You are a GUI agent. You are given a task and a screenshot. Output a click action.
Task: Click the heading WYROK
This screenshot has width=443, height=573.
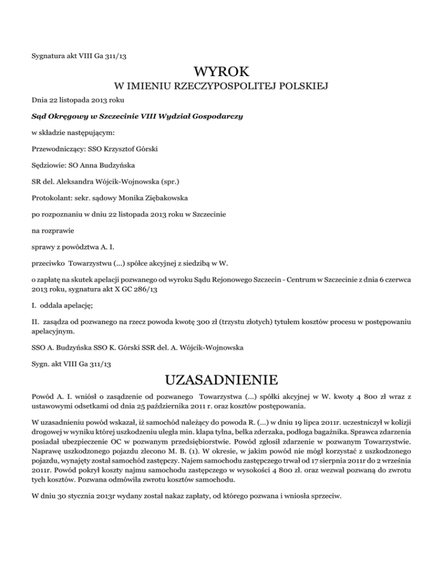222,73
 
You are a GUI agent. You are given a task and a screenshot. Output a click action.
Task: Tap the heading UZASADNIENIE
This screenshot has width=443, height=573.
222,380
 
